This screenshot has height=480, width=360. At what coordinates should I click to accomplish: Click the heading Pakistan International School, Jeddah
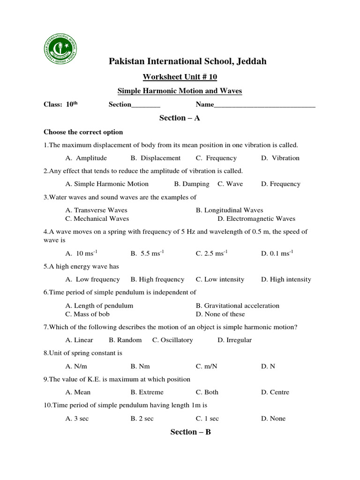tap(187, 61)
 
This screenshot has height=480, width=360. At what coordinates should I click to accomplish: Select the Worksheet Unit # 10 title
tap(180, 77)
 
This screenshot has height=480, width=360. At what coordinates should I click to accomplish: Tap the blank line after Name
tap(264, 105)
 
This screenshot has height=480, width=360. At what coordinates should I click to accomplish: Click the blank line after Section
tap(146, 105)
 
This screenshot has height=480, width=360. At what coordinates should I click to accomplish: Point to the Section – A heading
tap(180, 118)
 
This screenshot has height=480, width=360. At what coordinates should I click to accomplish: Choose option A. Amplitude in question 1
tap(86, 158)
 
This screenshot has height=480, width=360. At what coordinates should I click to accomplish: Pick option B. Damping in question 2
tap(192, 184)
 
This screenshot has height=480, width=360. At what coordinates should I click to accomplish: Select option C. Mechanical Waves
tap(97, 218)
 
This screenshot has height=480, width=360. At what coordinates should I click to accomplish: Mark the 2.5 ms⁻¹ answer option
tap(211, 253)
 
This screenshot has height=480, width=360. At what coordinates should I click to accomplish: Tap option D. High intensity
tap(286, 279)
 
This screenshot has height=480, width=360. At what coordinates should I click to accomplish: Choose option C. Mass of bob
tap(89, 314)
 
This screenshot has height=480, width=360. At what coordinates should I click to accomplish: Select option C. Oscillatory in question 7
tap(172, 340)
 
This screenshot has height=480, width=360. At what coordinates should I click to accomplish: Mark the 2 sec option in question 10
tap(142, 419)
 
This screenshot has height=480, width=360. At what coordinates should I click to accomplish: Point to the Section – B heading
tap(190, 432)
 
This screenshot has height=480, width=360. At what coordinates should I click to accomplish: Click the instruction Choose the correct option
tap(83, 132)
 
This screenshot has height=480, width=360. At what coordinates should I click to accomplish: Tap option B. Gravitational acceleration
tap(237, 306)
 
